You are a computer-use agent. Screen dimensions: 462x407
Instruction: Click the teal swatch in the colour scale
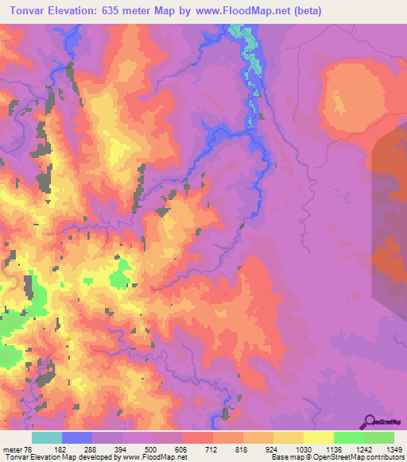47,438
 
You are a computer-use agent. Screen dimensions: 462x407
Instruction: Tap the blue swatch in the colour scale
77,438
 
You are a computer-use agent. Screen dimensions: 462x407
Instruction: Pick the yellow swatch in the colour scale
319,438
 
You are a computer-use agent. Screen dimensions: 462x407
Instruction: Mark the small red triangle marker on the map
69,339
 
